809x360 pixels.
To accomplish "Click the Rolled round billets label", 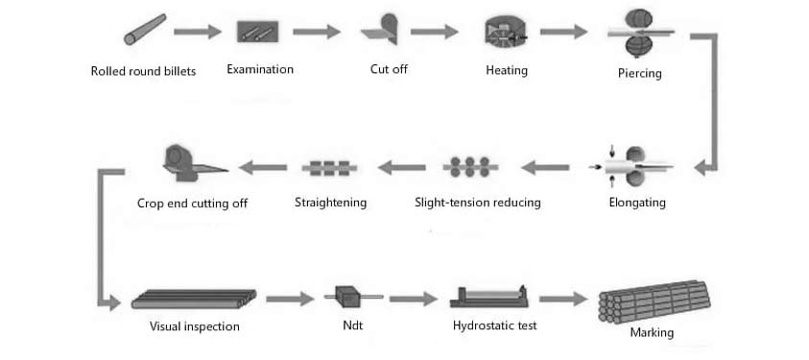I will (x=143, y=71).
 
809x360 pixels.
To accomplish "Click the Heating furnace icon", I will (x=506, y=32).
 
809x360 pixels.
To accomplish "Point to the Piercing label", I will (x=639, y=73).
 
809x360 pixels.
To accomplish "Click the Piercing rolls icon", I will (x=639, y=33).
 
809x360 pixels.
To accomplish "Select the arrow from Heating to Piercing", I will (x=563, y=32).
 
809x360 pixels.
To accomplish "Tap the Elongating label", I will (x=636, y=203).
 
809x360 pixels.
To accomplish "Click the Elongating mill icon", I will (x=637, y=165).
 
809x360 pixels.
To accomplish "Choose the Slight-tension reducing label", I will (x=477, y=203).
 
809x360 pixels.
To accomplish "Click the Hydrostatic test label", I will (x=494, y=325).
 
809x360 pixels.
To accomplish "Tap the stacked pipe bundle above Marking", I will (x=653, y=300).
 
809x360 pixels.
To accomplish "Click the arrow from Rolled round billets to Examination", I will (x=197, y=32).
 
